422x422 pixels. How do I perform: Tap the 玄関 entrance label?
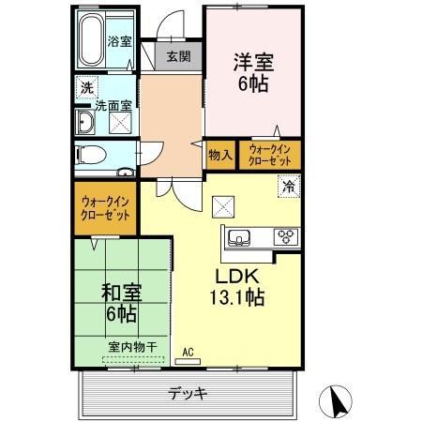(x=178, y=56)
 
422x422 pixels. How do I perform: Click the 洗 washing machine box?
(x=85, y=87)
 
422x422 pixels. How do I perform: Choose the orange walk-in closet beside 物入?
(x=269, y=155)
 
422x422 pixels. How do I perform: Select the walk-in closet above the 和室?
(x=105, y=208)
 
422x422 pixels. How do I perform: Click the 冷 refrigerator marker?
(x=290, y=187)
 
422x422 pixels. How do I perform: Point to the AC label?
(x=188, y=353)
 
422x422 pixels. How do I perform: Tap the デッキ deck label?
(x=188, y=392)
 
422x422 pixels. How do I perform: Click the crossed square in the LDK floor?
(x=225, y=205)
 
